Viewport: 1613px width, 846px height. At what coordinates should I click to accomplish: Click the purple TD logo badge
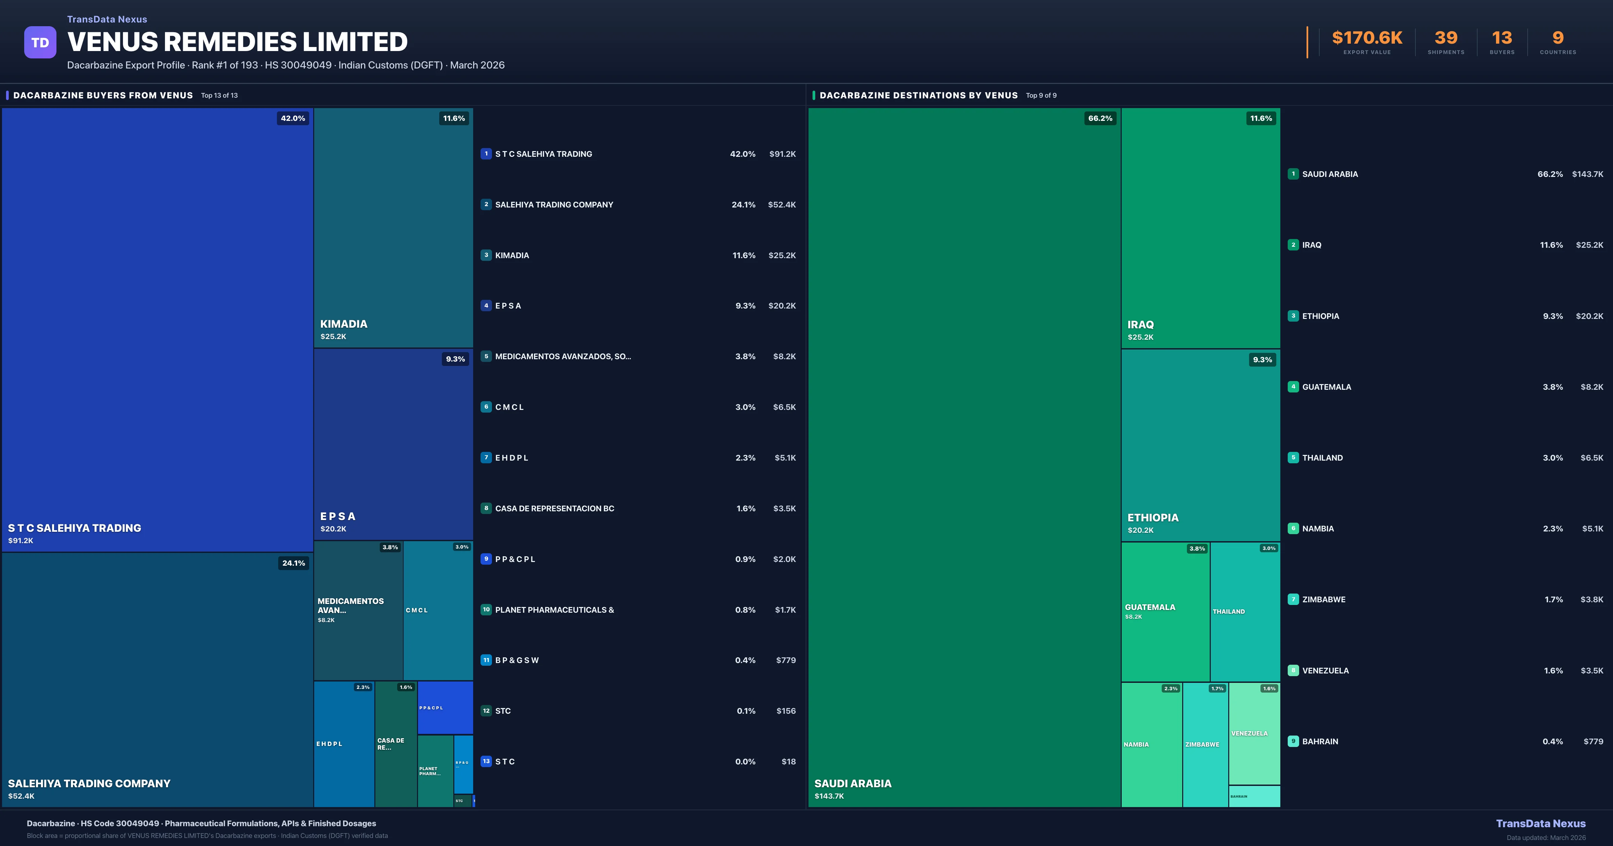coord(40,43)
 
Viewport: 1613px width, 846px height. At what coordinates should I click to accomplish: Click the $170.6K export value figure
coord(1367,38)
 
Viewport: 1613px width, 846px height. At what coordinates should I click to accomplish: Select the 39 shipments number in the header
coord(1446,38)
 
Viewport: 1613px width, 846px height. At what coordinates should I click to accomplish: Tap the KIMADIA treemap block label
coord(344,324)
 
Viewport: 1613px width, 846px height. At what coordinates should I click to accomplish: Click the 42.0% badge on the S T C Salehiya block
coord(292,118)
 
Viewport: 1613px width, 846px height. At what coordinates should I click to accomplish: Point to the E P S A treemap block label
coord(338,516)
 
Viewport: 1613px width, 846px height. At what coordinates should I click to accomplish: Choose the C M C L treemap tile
coord(438,610)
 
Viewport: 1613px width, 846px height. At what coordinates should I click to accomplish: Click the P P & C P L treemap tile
coord(445,708)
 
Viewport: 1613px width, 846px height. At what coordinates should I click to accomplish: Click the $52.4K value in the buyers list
coord(781,204)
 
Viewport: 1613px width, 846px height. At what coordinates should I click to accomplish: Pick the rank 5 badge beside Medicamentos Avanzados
coord(486,357)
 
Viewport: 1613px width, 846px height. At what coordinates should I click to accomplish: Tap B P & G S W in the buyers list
coord(516,660)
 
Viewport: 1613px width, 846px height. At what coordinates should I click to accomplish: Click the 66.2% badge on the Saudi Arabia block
coord(1100,118)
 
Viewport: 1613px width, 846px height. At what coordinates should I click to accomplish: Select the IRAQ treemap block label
coord(1140,325)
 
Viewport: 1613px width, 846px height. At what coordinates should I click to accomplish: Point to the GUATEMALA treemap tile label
coord(1150,607)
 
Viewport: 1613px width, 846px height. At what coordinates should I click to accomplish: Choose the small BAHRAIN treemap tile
coord(1254,796)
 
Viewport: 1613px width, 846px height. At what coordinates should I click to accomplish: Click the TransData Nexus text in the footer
coord(1540,824)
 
